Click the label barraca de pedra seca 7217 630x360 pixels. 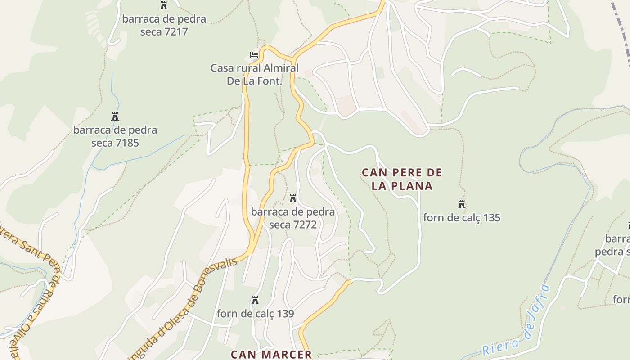coord(164,25)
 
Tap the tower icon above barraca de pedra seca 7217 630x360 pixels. coord(164,6)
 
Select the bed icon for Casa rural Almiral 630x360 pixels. coord(254,55)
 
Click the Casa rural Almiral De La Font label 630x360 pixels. coord(254,75)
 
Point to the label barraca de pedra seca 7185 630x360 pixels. coord(115,136)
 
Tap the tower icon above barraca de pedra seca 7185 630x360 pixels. coord(115,117)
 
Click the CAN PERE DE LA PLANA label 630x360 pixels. coord(402,179)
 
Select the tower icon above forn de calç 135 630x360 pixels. coord(461,204)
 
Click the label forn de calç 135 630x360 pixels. coord(461,218)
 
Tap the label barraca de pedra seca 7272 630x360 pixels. coord(293,218)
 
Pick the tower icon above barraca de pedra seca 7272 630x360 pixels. coord(293,198)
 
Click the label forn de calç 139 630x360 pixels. coord(255,313)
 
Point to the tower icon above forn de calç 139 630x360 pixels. coord(255,300)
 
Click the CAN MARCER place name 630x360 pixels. coord(271,354)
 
